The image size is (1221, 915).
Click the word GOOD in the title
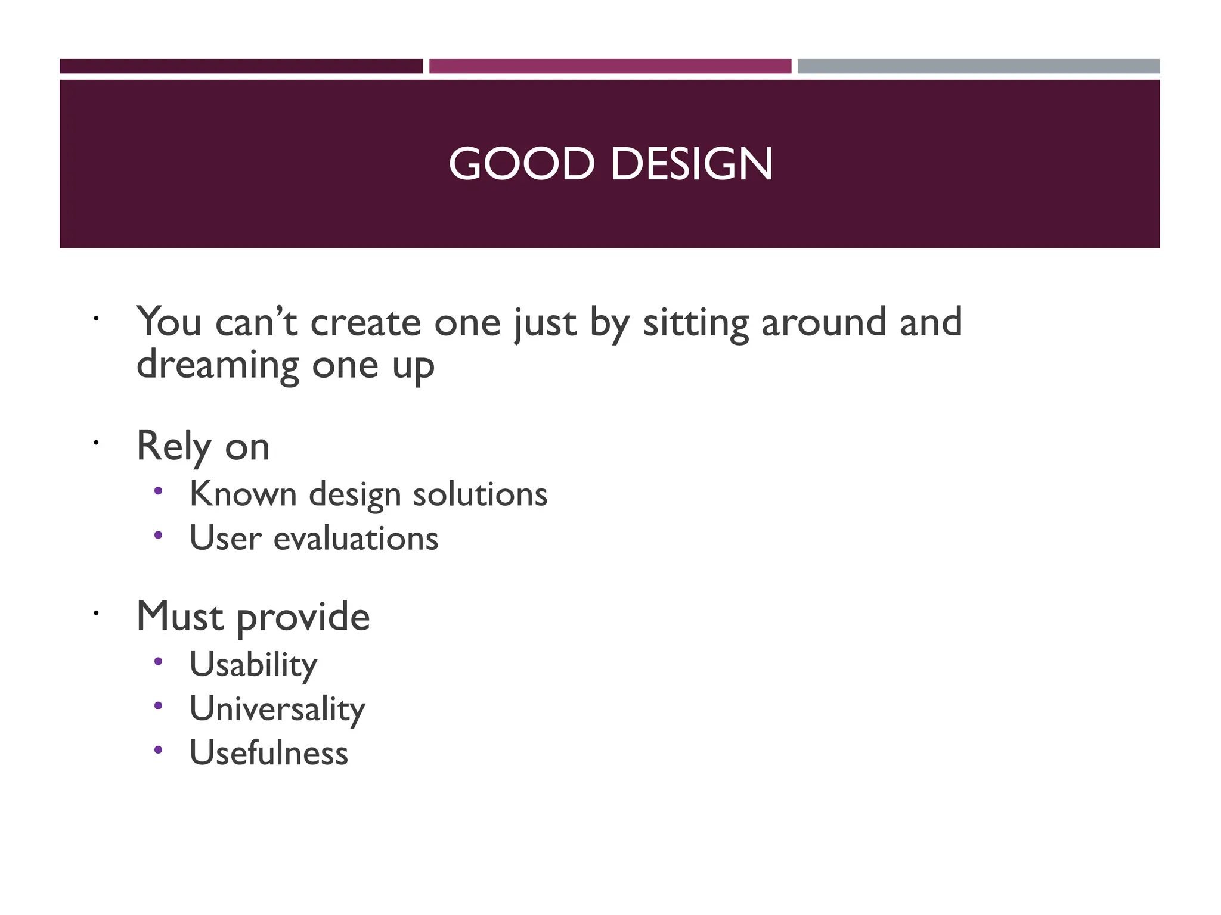pos(522,164)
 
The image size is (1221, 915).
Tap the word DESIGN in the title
pos(692,164)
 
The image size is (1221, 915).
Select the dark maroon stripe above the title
pos(241,66)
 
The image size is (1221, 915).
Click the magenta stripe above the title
pos(610,66)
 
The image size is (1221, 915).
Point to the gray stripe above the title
pos(978,66)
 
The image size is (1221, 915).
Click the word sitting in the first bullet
pos(695,323)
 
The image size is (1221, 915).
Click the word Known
pos(243,494)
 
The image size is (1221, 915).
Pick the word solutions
pos(480,494)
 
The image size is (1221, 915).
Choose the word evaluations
pos(356,539)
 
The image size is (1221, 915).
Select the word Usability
pos(253,665)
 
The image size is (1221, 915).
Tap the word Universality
pos(277,709)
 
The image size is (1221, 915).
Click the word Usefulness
pos(268,753)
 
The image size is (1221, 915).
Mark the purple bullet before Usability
pos(158,661)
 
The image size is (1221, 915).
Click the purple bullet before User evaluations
pos(158,535)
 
